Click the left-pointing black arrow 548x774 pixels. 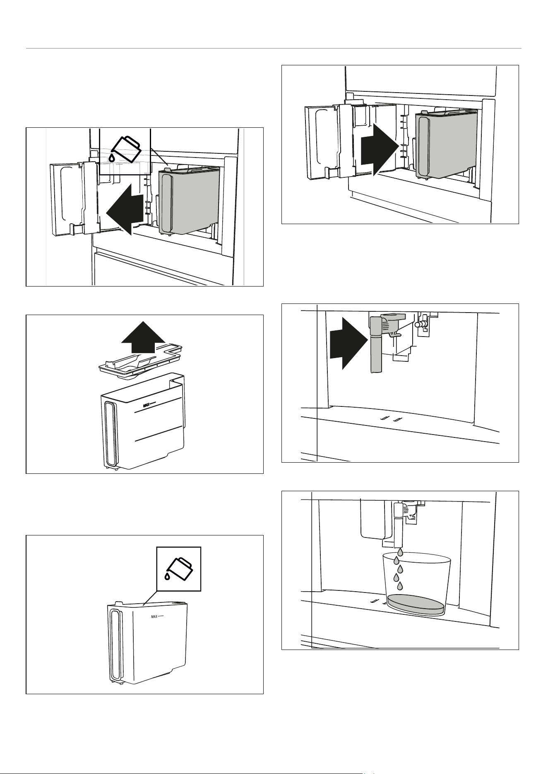pyautogui.click(x=124, y=210)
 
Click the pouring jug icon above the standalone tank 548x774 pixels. pyautogui.click(x=179, y=569)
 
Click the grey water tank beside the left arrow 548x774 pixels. pyautogui.click(x=188, y=201)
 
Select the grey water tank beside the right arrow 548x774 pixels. pyautogui.click(x=446, y=145)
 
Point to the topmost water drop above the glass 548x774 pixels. pyautogui.click(x=400, y=552)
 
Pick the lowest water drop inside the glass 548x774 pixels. pyautogui.click(x=400, y=585)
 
